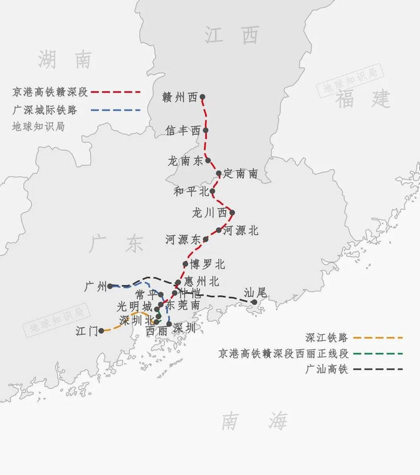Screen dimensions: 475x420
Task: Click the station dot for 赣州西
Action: (x=203, y=97)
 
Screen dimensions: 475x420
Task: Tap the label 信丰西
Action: (x=183, y=130)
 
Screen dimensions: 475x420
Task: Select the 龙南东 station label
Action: (x=186, y=161)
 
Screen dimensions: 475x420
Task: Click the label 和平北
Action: (x=191, y=192)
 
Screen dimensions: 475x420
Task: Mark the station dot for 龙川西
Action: (x=232, y=212)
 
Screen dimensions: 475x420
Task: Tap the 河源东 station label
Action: (x=184, y=240)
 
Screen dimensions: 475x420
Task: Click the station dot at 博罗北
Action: (x=186, y=264)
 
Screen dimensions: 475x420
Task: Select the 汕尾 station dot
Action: (x=254, y=302)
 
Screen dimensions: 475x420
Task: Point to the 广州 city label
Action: (x=95, y=286)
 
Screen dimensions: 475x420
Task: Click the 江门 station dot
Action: (x=102, y=331)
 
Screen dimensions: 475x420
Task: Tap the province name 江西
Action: (x=231, y=35)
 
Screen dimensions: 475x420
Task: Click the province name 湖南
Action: (x=64, y=59)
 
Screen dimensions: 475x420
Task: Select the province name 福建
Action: (x=363, y=99)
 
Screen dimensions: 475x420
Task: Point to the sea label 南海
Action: (x=254, y=422)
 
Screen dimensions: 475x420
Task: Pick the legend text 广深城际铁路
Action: (x=44, y=110)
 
